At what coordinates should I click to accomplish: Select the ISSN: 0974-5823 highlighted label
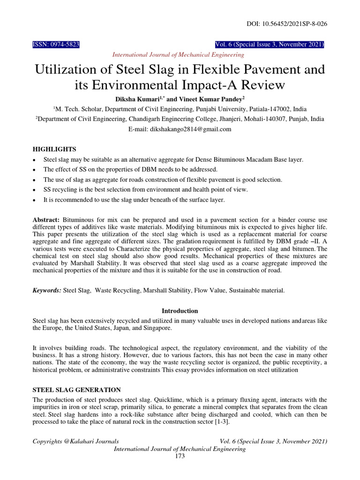[56, 45]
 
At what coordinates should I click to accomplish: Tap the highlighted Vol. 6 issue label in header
[269, 45]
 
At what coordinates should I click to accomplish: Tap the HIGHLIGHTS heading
[54, 149]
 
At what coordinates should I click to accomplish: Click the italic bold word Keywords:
[46, 291]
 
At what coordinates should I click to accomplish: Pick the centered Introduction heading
[180, 311]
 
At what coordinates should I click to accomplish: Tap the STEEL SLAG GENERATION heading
[76, 390]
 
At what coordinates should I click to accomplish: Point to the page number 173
[180, 456]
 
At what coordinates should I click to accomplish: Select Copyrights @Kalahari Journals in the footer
[75, 442]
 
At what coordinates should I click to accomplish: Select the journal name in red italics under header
[178, 55]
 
